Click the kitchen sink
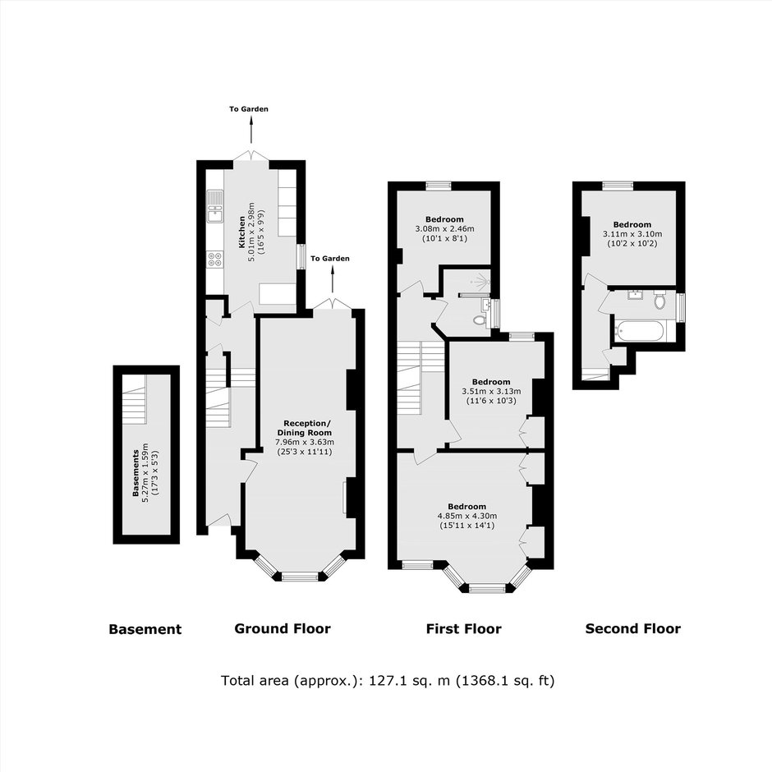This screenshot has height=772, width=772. pos(214,206)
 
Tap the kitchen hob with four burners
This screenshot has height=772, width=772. pos(214,259)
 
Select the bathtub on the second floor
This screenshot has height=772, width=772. pos(639,330)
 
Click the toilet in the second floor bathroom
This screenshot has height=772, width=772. pos(659,299)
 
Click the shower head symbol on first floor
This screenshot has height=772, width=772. pos(481,281)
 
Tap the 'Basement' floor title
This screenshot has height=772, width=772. pos(145,629)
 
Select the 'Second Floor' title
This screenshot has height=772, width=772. pos(632,629)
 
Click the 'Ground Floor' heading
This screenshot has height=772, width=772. pos(283,629)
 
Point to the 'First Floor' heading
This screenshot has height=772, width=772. pos(464,629)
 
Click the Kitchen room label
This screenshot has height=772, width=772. pos(242,232)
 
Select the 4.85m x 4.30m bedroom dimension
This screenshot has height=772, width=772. pos(467,516)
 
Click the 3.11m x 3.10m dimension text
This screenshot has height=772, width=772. pos(632,234)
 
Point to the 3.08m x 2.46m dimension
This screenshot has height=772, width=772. pos(444,229)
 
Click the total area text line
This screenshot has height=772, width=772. pos(388,680)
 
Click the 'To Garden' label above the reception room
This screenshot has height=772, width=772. pos(330,259)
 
